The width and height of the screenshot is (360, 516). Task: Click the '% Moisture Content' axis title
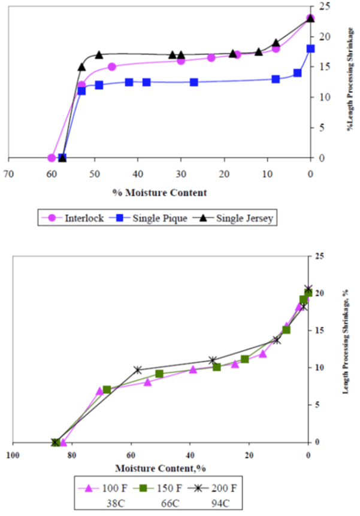click(x=159, y=193)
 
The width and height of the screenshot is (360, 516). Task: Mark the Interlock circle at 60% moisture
click(x=52, y=158)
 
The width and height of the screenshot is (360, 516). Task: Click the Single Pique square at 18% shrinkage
click(x=310, y=48)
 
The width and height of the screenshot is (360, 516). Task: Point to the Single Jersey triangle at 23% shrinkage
click(x=310, y=18)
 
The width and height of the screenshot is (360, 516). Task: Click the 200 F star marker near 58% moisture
click(x=138, y=370)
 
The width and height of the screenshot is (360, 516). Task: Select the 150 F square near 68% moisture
click(x=107, y=390)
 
